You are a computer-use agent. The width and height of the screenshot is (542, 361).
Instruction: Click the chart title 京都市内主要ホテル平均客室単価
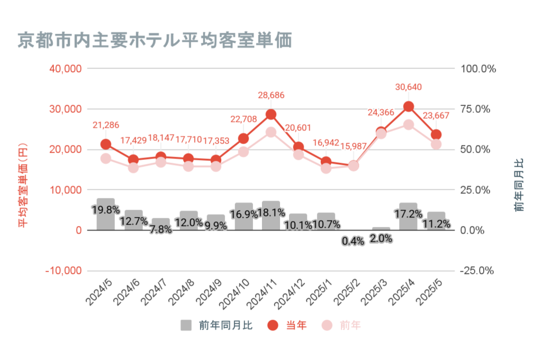[x=156, y=40]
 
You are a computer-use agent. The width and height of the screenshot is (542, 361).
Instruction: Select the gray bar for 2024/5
[x=106, y=214]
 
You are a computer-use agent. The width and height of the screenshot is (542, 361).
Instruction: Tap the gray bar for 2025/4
[x=409, y=217]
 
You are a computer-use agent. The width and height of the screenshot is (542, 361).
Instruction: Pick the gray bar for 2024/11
[x=271, y=216]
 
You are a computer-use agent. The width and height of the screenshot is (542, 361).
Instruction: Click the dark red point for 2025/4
[x=409, y=106]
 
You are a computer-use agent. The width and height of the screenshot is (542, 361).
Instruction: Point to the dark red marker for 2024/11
[x=271, y=114]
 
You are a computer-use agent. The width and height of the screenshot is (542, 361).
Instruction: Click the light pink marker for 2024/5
[x=106, y=158]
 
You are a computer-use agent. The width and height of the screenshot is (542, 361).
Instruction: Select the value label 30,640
[x=409, y=87]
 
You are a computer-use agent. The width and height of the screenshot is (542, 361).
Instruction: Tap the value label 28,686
[x=271, y=95]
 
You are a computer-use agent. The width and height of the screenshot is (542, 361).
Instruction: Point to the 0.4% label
[x=353, y=241]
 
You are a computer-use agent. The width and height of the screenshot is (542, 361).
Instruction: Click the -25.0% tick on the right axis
[x=477, y=271]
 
